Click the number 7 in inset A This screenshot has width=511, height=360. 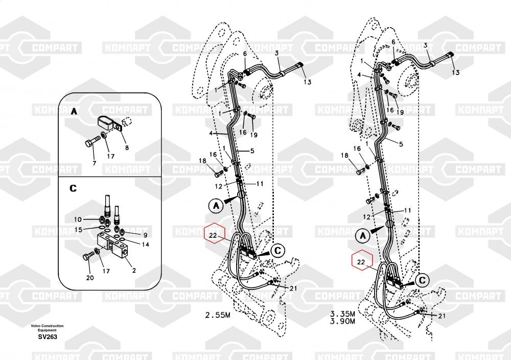[x=94, y=163]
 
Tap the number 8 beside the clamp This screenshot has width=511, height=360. [x=127, y=148]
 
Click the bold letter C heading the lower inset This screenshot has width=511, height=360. [x=74, y=188]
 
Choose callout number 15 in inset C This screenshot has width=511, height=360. [x=79, y=229]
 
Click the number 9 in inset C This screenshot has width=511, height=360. [x=145, y=234]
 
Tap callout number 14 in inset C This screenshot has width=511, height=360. [x=146, y=245]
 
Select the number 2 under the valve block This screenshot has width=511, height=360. [x=134, y=270]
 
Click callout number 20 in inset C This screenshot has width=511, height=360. [x=90, y=278]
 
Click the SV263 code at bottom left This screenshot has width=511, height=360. [x=47, y=337]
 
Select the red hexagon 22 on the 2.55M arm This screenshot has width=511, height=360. [x=214, y=234]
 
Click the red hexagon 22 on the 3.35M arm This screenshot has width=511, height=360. [x=361, y=262]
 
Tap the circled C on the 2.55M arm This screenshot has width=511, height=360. [x=277, y=250]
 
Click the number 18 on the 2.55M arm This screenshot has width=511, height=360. [x=203, y=161]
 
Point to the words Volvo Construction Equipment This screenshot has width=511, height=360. [x=47, y=328]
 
